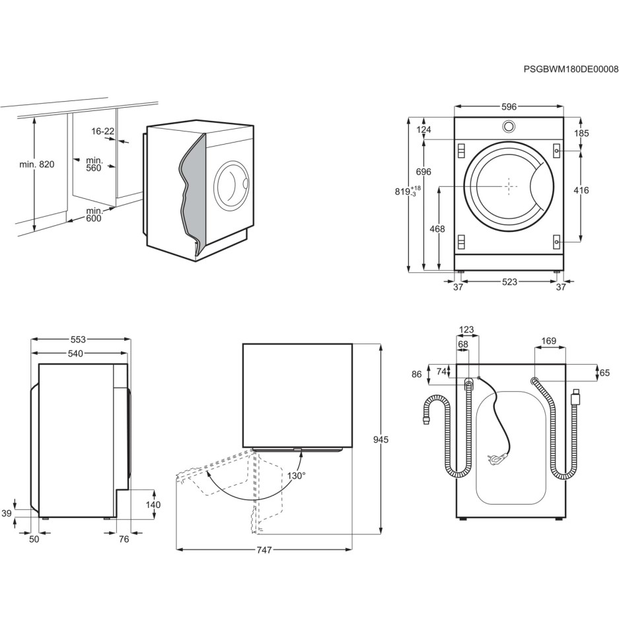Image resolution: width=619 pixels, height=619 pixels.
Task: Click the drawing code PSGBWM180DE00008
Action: tap(570, 69)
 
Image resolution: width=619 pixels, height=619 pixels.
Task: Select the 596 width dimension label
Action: tap(508, 106)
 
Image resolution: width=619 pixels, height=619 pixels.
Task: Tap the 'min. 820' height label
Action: tap(36, 164)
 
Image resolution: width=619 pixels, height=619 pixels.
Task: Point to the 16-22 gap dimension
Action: tap(103, 131)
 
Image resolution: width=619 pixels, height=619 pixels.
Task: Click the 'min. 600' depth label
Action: tap(94, 214)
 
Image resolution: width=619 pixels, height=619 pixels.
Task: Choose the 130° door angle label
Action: tap(295, 475)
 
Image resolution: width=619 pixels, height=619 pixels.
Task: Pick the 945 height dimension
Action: tap(381, 440)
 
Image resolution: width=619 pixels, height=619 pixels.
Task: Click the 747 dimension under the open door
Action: tap(264, 550)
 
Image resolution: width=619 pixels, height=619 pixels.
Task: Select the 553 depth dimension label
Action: tap(78, 340)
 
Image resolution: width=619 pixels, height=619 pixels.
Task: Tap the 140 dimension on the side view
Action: tap(153, 505)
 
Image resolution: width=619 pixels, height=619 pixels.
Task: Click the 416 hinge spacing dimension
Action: tap(581, 191)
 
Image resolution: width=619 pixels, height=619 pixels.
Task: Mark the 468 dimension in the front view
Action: tap(437, 229)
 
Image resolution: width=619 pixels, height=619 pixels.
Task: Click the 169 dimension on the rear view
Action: tap(548, 342)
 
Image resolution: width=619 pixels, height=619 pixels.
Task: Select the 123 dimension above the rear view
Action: tap(466, 330)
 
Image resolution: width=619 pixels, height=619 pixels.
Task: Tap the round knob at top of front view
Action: tap(509, 126)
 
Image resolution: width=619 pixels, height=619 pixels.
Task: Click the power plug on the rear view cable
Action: tap(496, 455)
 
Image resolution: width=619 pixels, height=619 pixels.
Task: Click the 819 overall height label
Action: tap(404, 192)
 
